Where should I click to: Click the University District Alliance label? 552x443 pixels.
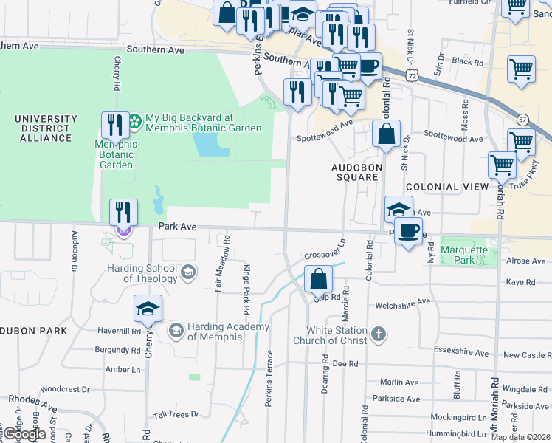click(x=46, y=128)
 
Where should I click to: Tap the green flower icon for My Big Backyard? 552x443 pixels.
click(x=135, y=119)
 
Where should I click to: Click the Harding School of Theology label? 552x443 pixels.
click(x=140, y=274)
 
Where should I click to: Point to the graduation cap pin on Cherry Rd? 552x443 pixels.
click(x=148, y=309)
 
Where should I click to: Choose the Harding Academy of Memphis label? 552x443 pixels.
click(x=215, y=332)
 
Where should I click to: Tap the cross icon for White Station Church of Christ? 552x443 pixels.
click(x=378, y=334)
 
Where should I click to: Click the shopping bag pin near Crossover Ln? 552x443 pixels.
click(x=318, y=280)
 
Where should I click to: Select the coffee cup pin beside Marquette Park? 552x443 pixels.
click(x=407, y=232)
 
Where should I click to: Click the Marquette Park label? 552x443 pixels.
click(x=464, y=255)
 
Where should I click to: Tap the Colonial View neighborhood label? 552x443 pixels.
click(x=446, y=187)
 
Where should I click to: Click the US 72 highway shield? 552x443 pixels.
click(x=413, y=75)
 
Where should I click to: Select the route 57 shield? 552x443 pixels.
click(x=522, y=119)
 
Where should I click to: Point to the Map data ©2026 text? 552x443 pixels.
click(x=521, y=437)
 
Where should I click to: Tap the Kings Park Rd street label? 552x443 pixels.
click(x=246, y=287)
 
